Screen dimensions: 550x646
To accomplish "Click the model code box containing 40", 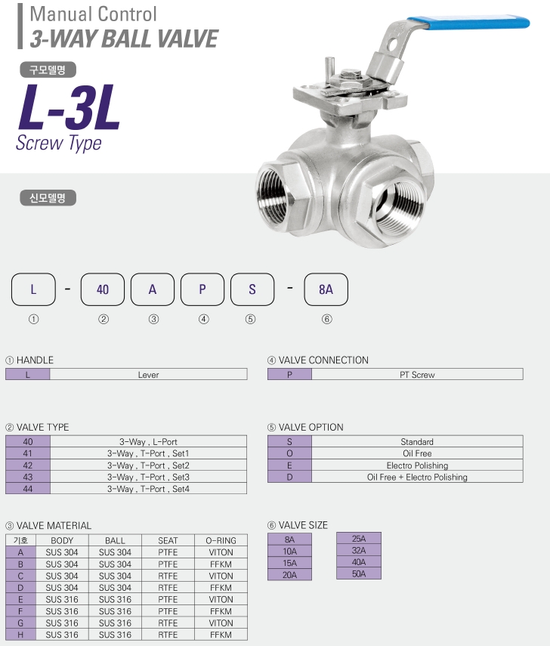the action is click(103, 289).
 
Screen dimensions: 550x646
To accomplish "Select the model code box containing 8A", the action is click(326, 289).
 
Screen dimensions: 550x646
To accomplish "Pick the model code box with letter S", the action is click(252, 289).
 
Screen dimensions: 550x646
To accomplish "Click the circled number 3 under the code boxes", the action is click(153, 319).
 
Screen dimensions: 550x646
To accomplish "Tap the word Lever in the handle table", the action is click(148, 375).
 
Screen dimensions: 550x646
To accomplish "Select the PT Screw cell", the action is click(417, 375).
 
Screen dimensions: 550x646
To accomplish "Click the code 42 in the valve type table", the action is click(28, 465).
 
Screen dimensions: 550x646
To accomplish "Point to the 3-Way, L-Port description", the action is click(148, 442).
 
